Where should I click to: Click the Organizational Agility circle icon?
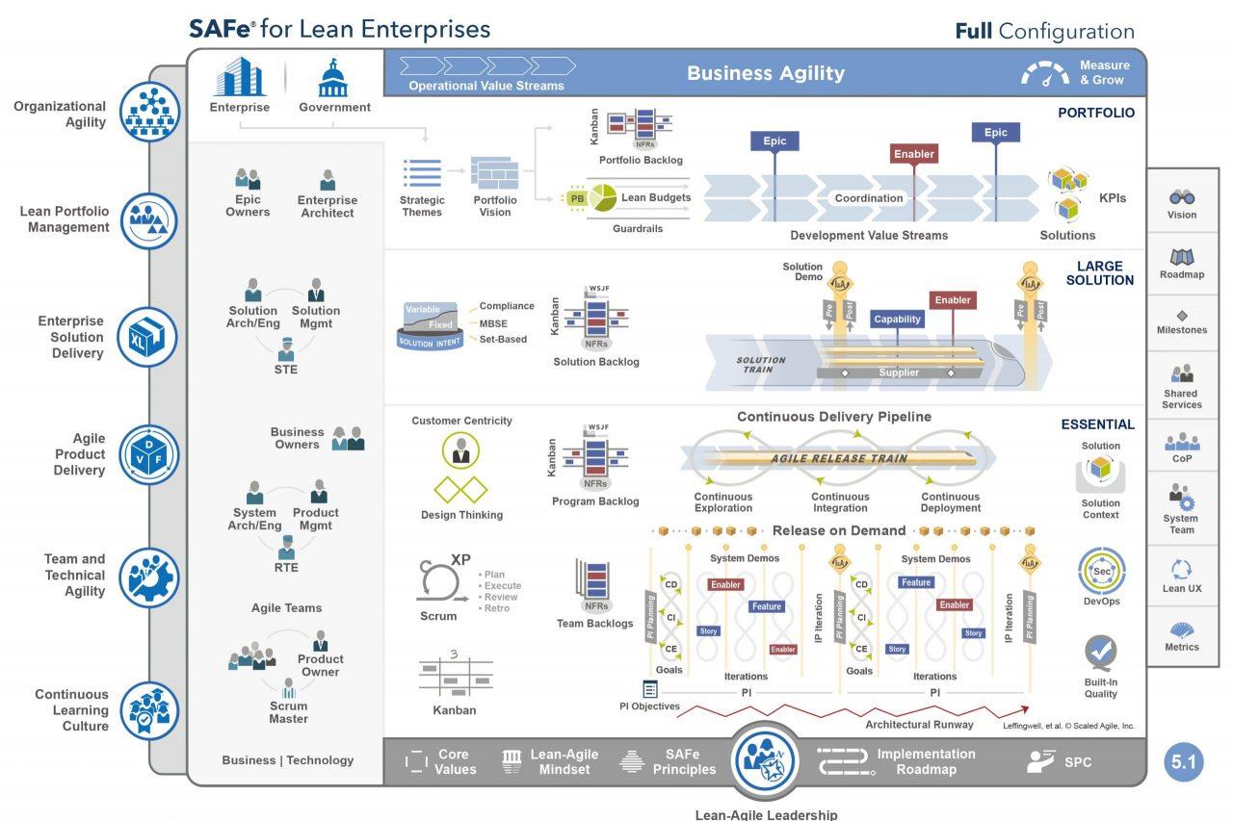coord(149,113)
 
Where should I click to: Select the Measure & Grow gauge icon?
coord(1044,74)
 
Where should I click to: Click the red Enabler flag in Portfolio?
coord(913,154)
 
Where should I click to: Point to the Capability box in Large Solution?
coord(897,320)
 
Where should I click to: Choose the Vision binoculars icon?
coord(1182,196)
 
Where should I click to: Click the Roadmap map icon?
coord(1182,257)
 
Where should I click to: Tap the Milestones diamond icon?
coord(1182,315)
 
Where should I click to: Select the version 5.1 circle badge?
coord(1183,762)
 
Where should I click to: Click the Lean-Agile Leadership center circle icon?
coord(766,760)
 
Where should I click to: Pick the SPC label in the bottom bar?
coord(1078,762)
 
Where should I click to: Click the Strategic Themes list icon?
coord(422,174)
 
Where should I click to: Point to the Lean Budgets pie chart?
coord(603,197)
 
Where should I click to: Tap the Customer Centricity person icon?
coord(460,450)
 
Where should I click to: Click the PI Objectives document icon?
coord(650,689)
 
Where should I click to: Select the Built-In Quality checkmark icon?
coord(1100,652)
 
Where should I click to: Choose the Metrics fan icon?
coord(1182,630)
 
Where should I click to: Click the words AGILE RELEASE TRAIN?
coord(838,458)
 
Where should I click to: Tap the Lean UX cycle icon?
coord(1182,569)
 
